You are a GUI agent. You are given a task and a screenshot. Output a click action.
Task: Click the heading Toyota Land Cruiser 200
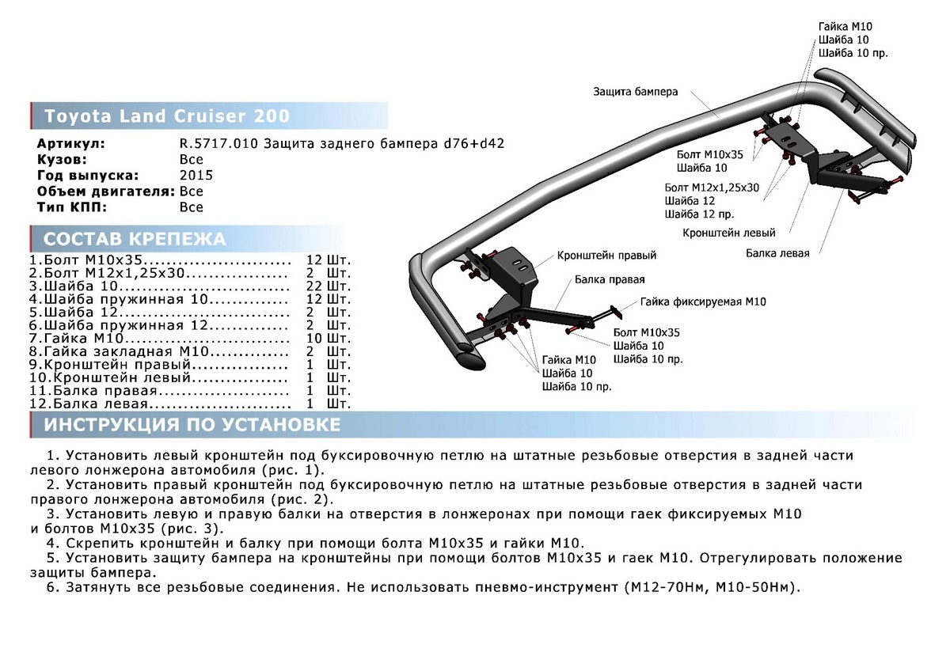[167, 116]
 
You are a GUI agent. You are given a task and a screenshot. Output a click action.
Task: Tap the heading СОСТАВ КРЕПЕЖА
[134, 240]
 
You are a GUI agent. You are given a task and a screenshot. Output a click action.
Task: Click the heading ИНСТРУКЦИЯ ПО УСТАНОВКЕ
[192, 426]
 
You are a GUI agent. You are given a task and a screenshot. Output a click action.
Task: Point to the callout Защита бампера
[635, 92]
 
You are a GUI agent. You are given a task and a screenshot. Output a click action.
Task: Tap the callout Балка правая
[610, 279]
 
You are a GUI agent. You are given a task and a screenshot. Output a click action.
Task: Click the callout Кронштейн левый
[729, 233]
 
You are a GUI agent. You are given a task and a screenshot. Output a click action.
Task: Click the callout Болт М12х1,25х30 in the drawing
[712, 188]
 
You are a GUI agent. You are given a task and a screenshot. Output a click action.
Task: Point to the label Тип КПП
[72, 207]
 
